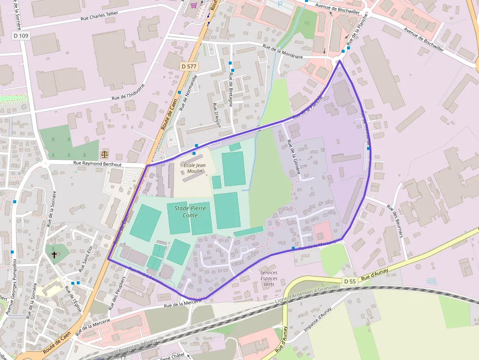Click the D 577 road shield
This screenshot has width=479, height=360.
189,66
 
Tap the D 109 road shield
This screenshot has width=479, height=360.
21,36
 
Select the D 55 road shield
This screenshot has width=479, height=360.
349,281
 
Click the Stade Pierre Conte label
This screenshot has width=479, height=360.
190,212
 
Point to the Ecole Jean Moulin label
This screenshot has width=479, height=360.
194,168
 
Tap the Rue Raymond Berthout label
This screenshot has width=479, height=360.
97,164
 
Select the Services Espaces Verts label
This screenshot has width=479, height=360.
269,278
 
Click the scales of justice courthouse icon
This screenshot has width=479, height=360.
105,154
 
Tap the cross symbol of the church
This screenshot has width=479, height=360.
54,254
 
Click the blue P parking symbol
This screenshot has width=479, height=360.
280,3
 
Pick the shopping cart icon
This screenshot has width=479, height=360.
194,5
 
